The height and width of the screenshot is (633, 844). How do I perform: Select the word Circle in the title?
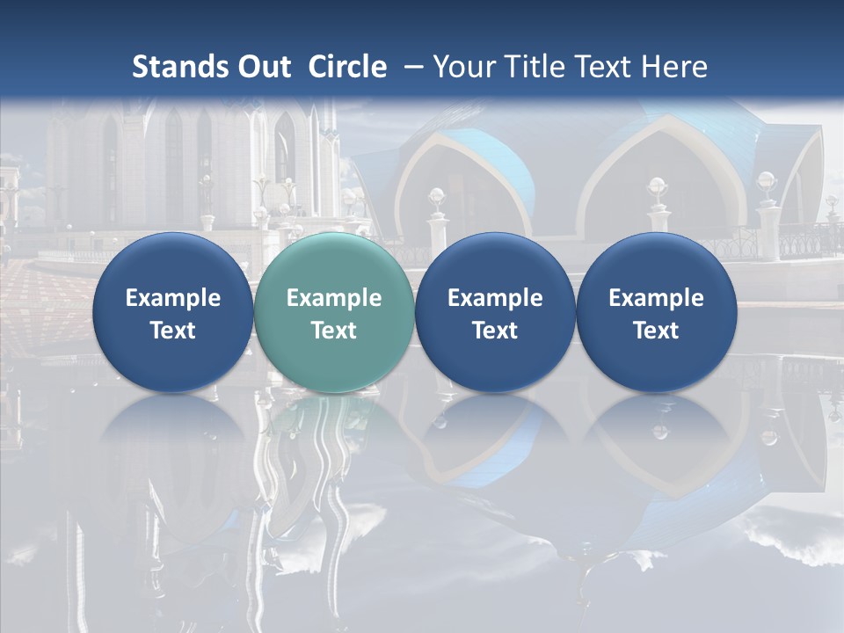coord(347,67)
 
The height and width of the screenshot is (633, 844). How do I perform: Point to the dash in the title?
coord(411,67)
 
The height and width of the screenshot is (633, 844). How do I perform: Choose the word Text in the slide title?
coord(597,67)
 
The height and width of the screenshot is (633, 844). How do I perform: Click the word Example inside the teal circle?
coord(334,298)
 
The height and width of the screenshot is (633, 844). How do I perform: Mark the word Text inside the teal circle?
coord(334,331)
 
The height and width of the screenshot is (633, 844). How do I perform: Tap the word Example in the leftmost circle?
coord(173,298)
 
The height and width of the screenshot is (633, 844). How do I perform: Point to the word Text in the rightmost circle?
coord(657,331)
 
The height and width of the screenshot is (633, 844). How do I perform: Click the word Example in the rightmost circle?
coord(657,298)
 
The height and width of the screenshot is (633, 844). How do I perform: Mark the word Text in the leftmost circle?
coord(173,331)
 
